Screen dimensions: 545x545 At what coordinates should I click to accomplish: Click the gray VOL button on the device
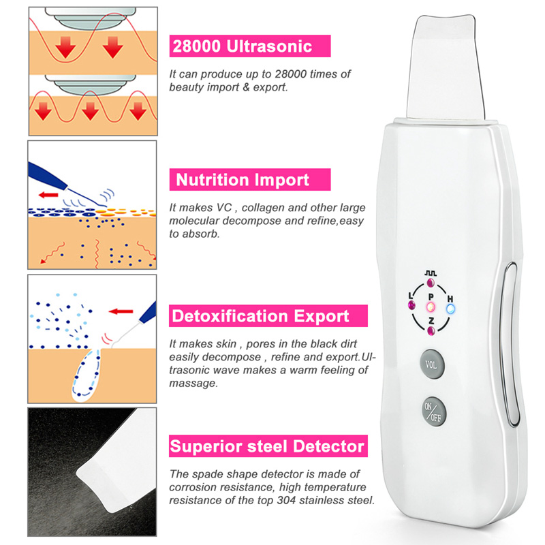432,364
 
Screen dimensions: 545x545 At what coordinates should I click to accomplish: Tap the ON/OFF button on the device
433,412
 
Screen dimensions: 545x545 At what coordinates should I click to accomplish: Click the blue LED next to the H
450,309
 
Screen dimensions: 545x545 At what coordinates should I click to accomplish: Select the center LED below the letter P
431,307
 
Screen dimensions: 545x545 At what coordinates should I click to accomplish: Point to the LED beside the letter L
412,305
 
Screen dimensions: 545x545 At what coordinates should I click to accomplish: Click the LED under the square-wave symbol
431,282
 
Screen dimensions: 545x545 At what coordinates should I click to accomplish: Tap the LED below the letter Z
431,330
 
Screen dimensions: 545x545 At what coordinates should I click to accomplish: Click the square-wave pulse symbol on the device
431,274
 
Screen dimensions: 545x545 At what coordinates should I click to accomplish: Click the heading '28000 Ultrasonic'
243,46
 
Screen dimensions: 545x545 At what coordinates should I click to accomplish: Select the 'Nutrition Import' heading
243,180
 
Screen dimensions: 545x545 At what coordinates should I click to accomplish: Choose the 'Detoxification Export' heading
260,316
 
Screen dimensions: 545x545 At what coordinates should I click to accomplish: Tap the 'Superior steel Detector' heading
267,446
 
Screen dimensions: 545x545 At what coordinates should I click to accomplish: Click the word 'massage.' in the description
193,384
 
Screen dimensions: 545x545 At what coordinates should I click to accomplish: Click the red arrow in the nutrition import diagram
48,195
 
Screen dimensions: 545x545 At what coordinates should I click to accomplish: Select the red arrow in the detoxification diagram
121,311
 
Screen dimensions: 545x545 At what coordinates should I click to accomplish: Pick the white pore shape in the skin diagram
87,375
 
